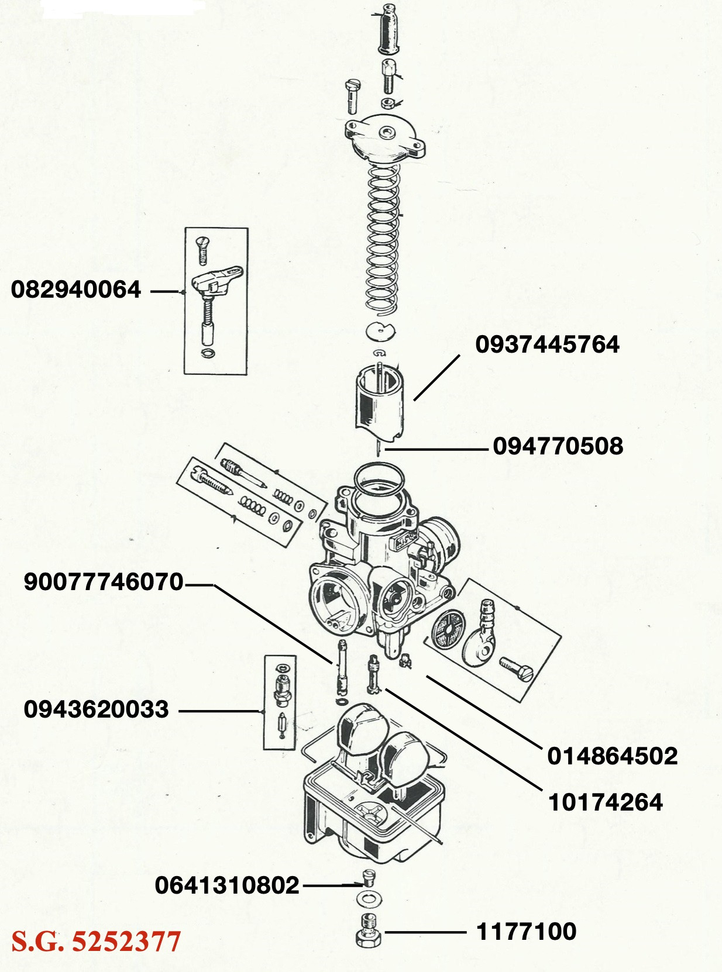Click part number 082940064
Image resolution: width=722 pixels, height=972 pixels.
tap(76, 289)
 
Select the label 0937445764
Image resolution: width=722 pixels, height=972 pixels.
tap(547, 344)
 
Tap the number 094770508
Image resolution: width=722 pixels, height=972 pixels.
tap(558, 446)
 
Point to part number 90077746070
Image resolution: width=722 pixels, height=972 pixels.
tap(104, 582)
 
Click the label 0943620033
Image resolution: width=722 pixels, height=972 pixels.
tap(97, 709)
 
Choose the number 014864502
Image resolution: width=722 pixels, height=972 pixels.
tap(612, 756)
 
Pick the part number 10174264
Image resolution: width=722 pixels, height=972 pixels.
tap(605, 802)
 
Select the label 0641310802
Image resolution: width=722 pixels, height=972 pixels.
tap(227, 885)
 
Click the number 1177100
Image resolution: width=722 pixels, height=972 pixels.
tap(526, 931)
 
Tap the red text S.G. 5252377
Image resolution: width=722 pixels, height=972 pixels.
tap(97, 942)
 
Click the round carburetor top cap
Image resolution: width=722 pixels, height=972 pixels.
tap(386, 139)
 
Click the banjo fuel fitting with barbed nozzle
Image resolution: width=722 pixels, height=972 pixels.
tap(481, 637)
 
